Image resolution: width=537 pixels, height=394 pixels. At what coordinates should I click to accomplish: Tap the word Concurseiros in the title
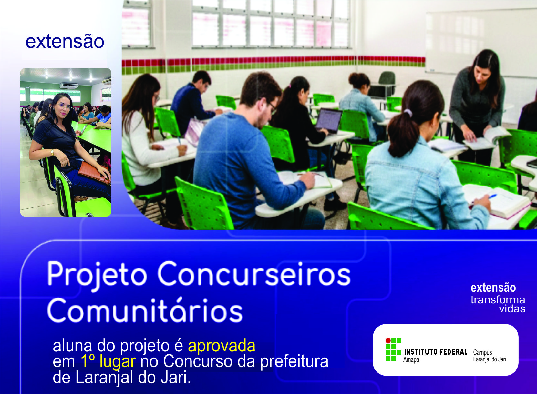point(254,274)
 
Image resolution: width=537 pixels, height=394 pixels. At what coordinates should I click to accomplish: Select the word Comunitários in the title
point(145,310)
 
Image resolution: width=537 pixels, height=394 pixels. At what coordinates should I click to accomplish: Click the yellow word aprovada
point(222,346)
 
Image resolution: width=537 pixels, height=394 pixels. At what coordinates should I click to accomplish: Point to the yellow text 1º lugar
point(108,361)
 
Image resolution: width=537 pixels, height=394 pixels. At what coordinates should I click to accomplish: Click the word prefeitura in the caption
point(294,361)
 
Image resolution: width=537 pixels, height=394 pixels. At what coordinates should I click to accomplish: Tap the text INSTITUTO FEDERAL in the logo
point(436,352)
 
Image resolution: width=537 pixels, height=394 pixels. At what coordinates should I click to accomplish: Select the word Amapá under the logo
point(411,360)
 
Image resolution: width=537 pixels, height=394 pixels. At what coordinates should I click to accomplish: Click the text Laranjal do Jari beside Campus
point(490,359)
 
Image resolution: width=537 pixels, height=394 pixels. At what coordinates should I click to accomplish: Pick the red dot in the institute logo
point(388,340)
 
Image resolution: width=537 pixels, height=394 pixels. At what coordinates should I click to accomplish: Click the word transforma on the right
point(498,300)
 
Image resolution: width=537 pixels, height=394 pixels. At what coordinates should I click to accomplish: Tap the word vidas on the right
point(512,309)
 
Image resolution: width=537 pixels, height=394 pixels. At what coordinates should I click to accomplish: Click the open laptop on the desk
point(329,121)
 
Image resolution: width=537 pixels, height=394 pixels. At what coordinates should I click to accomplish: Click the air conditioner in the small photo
point(69,86)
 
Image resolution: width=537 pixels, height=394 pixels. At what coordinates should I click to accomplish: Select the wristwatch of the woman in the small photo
point(52,152)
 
